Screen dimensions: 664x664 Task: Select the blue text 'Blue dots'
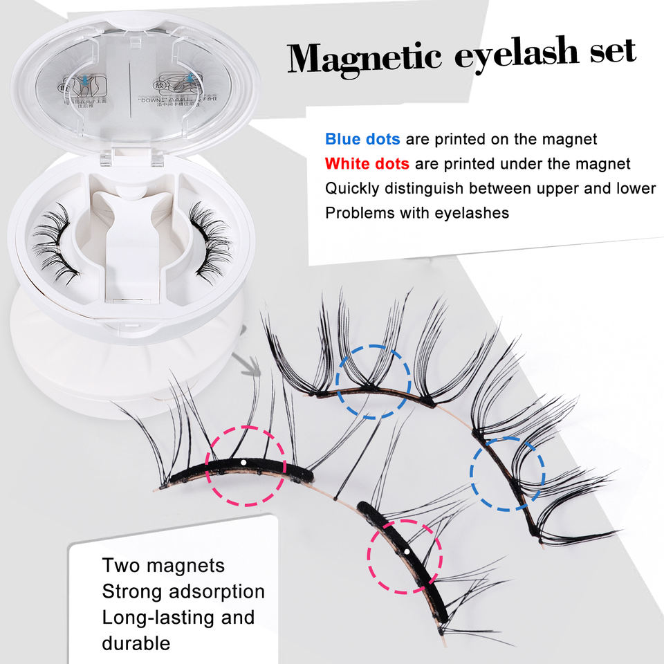(362, 139)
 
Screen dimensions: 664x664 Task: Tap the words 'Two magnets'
(163, 565)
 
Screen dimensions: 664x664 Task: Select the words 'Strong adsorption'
(183, 591)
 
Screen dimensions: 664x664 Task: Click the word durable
(136, 643)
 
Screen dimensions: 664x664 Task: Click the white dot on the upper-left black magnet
(243, 461)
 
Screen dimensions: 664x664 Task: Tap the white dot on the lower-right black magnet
(408, 551)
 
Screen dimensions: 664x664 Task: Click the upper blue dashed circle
(373, 382)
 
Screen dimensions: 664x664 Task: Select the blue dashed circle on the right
(508, 474)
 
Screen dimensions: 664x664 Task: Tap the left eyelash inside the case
(55, 241)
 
